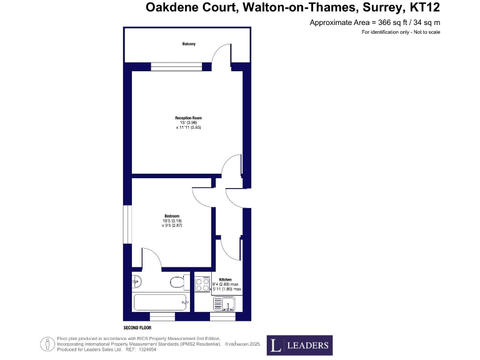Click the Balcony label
(189, 44)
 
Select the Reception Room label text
(188, 117)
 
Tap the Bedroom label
(172, 216)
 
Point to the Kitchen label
(226, 279)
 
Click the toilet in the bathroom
(177, 283)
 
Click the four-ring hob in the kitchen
(202, 284)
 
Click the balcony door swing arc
(220, 56)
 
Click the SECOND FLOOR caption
(138, 327)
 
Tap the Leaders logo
(299, 346)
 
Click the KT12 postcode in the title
(423, 8)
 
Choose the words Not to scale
(427, 32)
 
